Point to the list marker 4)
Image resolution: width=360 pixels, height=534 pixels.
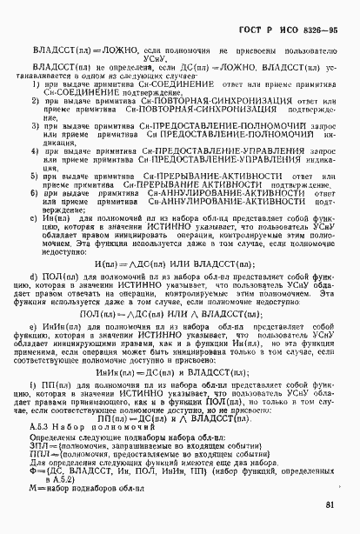(x=36, y=150)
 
